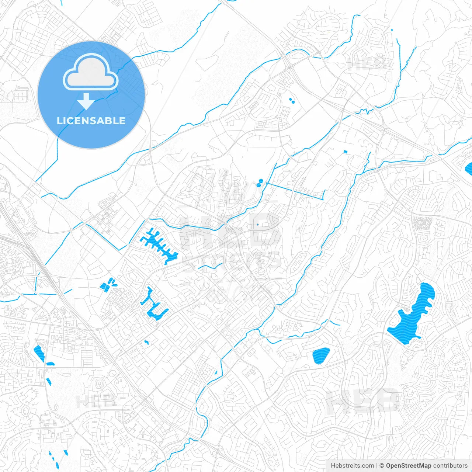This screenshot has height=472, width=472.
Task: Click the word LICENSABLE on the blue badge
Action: coord(91,121)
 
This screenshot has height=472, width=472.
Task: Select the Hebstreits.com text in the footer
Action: coord(353,466)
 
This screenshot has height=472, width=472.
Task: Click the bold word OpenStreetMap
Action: coord(409,466)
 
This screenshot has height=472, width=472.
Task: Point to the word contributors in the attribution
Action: coord(450,466)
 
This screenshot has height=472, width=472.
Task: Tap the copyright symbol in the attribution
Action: coord(382,466)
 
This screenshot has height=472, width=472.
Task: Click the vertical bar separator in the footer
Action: coord(377,466)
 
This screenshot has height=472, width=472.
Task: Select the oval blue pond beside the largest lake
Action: coord(321,355)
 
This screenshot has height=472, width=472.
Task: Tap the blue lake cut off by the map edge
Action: coord(469,169)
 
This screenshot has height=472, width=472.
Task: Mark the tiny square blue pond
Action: coord(346,152)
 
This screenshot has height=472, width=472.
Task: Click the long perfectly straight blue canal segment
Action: coord(295,191)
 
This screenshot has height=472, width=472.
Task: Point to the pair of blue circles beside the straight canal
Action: coord(261,182)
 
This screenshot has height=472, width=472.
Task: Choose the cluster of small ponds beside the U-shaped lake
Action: coord(108,284)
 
